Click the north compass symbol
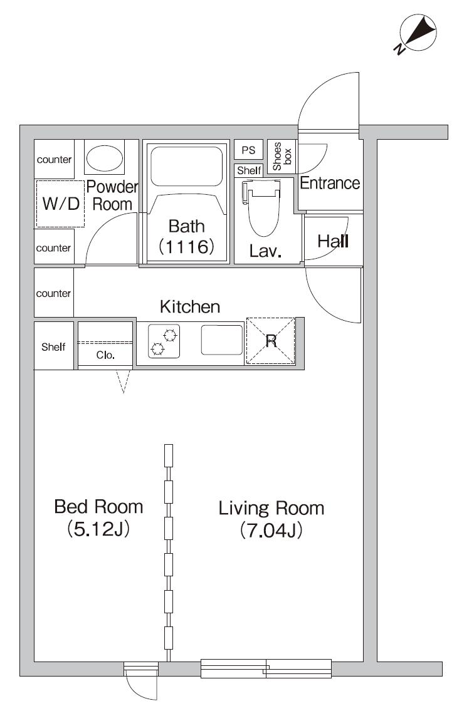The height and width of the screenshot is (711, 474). point(417,33)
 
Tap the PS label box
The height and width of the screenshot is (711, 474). point(248,150)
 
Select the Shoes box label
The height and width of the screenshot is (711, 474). point(282,157)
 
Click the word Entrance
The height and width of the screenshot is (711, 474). point(330,183)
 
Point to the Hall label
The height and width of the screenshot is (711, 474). point(334,241)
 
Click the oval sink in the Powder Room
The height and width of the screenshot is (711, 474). point(105,158)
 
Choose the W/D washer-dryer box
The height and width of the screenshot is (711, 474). point(60,204)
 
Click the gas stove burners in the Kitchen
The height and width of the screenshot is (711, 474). point(164,342)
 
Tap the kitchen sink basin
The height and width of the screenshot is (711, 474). point(222,340)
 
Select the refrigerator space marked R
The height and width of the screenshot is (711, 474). point(271,341)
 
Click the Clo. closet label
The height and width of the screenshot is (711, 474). point(105,355)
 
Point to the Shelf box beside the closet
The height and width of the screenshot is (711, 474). point(53,346)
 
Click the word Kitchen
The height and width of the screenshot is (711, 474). point(190,307)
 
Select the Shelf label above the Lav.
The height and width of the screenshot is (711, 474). point(250,170)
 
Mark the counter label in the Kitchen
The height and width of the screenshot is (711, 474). point(53,293)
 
